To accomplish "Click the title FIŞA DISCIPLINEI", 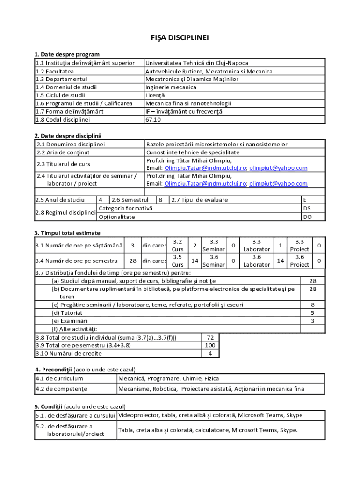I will pos(180,37).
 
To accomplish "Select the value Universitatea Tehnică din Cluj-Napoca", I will pos(197,63).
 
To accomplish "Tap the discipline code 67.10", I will pos(153,119).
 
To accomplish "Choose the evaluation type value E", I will pos(305,200).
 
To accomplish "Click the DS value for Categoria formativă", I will pos(307,208).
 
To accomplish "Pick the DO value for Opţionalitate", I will pos(307,217).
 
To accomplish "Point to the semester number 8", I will pos(160,200).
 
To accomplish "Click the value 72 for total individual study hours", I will pos(210,337).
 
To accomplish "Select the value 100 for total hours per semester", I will pos(210,345).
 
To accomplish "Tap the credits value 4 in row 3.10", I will pos(210,353).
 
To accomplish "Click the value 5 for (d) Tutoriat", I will pos(312,312).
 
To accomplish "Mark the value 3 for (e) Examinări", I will pos(312,320).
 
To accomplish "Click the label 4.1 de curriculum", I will pos(59,378).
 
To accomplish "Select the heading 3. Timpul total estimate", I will pos(67,233).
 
